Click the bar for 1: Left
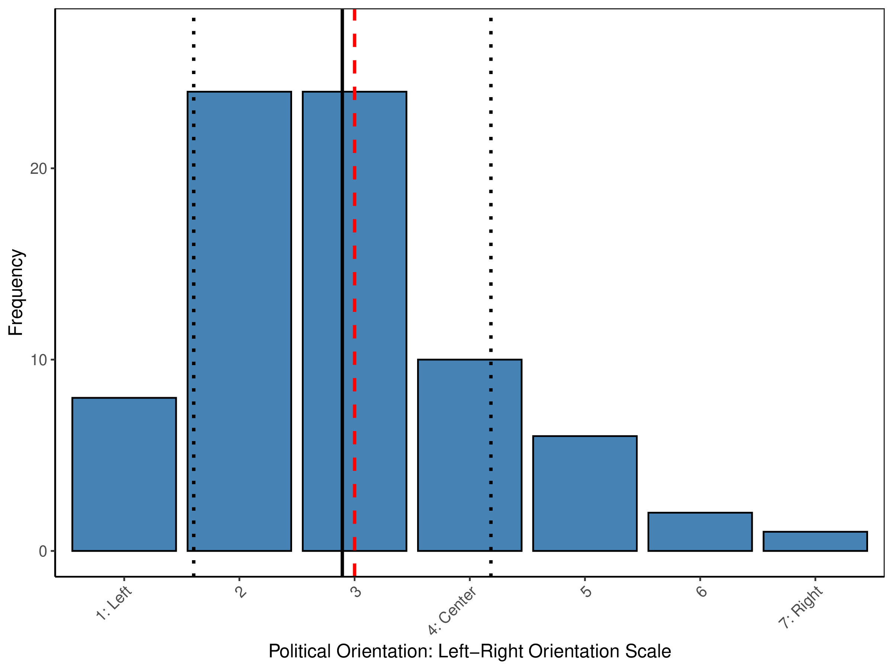(x=124, y=474)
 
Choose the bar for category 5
(x=585, y=494)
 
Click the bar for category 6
(x=700, y=532)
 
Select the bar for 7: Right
(x=815, y=542)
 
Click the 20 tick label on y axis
(x=38, y=169)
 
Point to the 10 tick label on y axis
(x=38, y=360)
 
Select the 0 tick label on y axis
(x=43, y=551)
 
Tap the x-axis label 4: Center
(x=452, y=611)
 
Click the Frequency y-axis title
(x=16, y=293)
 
